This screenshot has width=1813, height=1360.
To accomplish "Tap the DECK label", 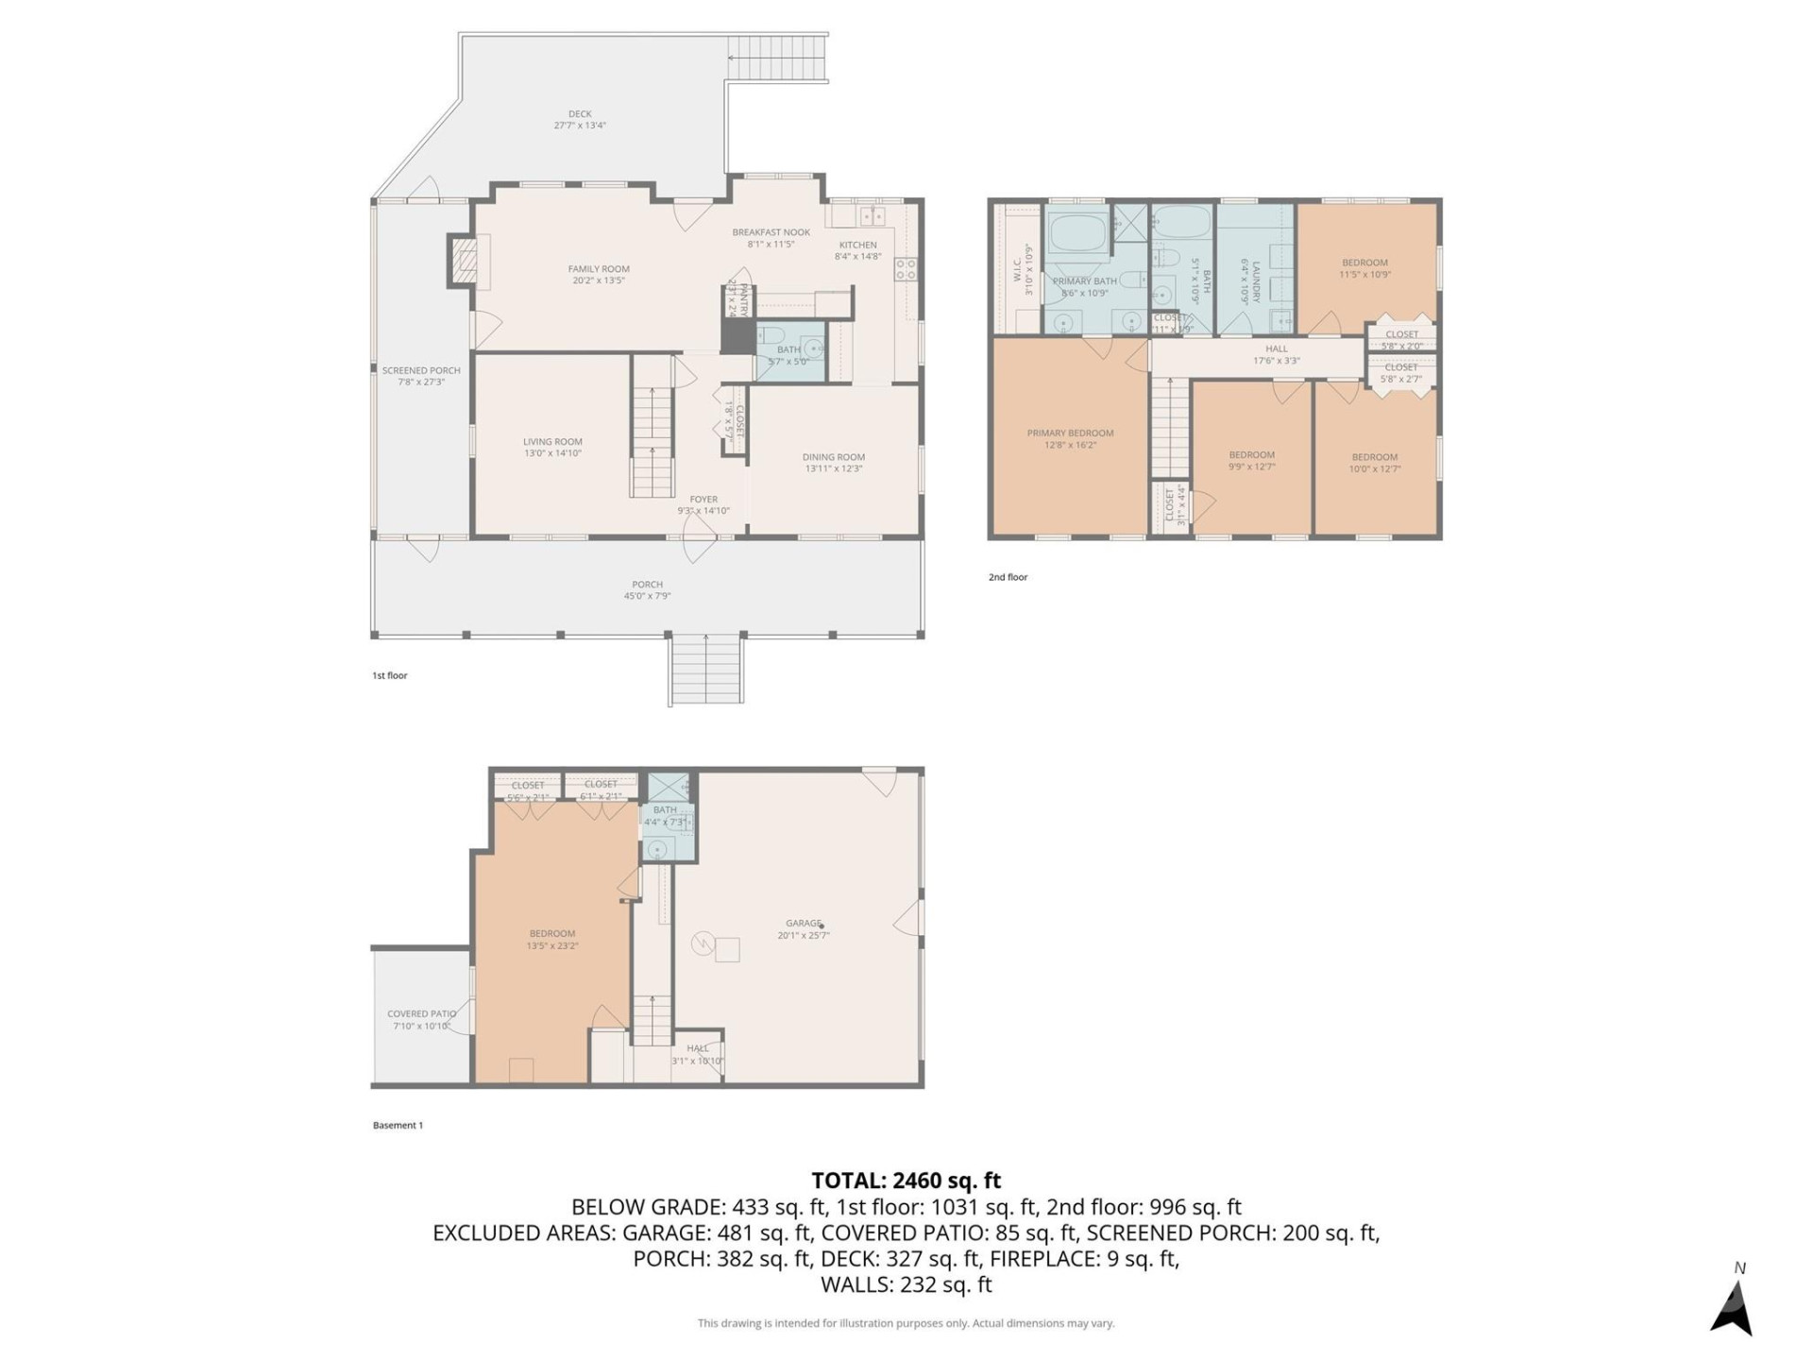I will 580,114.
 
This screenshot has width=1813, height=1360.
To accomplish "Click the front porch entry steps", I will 706,670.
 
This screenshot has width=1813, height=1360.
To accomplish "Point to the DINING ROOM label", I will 833,457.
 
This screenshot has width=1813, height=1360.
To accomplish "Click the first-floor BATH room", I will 789,354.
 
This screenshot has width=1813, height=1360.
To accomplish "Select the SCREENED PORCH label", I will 421,371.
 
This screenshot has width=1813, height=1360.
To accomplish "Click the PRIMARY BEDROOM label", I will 1070,433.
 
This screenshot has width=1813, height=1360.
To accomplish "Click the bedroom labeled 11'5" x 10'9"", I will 1364,268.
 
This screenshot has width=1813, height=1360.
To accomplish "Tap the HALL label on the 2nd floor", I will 1276,348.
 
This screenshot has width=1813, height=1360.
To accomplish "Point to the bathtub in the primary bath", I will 1077,232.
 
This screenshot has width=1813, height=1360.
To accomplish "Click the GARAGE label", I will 803,924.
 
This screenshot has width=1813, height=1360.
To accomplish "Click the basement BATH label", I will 665,810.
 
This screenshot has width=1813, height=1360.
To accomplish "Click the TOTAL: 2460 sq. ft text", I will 906,1181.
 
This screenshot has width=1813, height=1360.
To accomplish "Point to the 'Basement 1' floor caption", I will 398,1126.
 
